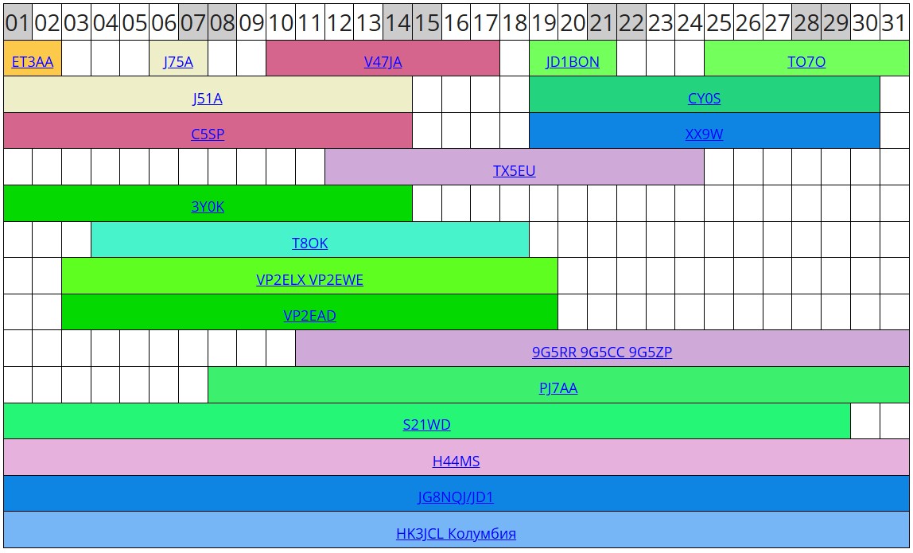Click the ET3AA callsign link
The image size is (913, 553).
[33, 62]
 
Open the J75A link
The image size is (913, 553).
[178, 62]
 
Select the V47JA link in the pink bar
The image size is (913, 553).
[383, 62]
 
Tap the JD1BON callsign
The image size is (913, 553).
[573, 62]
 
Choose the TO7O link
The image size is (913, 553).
[806, 62]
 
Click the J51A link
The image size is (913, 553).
[208, 99]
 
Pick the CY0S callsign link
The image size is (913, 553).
[704, 99]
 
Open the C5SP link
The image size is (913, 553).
[208, 134]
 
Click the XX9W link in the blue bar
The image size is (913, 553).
[704, 134]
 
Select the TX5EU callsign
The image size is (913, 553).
[514, 171]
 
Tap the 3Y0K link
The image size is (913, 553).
[208, 207]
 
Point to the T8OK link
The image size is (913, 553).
[309, 243]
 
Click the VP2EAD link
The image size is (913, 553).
[309, 316]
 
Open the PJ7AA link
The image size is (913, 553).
[558, 388]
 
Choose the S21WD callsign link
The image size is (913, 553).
[426, 425]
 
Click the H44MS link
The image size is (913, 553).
[456, 461]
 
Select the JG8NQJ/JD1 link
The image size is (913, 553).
[456, 498]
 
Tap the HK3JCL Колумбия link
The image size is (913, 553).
[456, 534]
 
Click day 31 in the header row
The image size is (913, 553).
[894, 23]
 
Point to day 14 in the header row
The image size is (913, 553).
[397, 23]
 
